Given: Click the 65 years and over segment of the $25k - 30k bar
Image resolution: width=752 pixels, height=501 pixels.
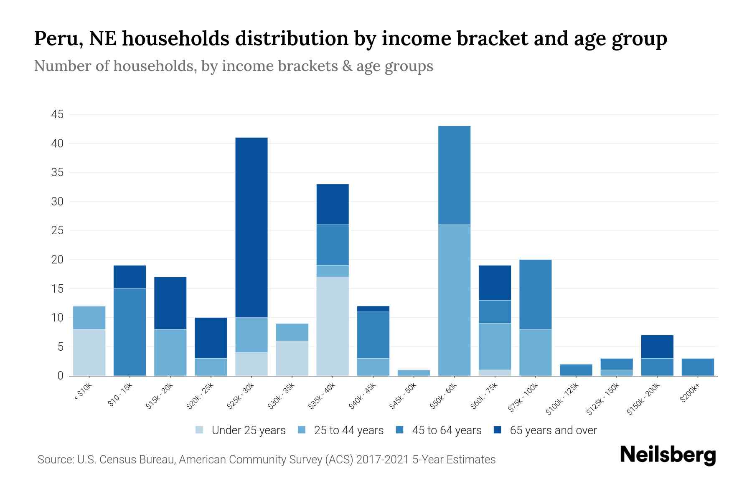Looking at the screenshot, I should tap(252, 228).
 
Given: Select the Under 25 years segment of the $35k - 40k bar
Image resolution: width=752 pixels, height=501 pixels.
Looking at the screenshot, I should tap(333, 326).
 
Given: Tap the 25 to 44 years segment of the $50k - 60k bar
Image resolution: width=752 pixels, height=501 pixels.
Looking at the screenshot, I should tap(454, 300).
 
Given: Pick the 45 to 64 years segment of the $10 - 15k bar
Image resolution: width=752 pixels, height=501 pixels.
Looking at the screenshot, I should tap(130, 332).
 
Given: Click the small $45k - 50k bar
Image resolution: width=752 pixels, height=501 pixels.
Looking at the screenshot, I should tap(414, 373).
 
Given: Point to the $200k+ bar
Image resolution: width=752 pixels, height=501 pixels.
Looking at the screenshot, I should tap(697, 367).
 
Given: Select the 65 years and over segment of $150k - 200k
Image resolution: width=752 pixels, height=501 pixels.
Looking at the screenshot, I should tap(657, 347).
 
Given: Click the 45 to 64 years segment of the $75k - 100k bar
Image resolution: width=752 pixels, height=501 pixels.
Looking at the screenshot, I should tap(535, 294).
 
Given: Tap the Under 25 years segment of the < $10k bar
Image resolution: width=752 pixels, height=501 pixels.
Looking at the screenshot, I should tap(89, 352).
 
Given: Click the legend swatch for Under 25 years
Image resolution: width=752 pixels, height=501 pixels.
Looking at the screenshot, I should tap(200, 430).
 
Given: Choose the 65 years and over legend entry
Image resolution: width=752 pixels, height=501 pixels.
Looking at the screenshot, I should tap(553, 430).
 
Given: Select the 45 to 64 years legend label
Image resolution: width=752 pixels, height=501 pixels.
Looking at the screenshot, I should tap(446, 430).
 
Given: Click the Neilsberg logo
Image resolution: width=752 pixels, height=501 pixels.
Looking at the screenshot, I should tap(668, 455).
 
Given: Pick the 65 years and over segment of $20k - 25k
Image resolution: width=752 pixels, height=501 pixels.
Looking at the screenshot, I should tap(211, 338).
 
